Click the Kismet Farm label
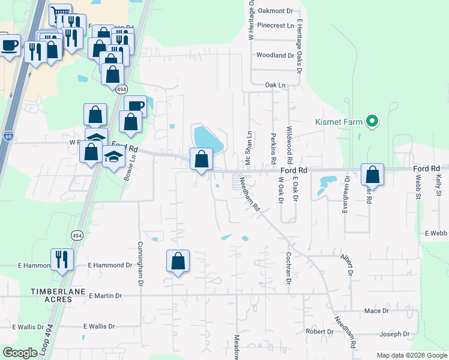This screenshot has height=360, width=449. point(339,122)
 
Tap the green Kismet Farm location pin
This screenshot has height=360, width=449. point(372,122)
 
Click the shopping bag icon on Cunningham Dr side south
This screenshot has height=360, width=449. point(178,261)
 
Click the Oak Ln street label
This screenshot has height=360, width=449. point(275,85)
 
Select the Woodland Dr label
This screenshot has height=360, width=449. point(275,55)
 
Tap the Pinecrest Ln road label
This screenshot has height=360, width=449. point(275,26)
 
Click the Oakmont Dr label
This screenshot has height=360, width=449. point(277,10)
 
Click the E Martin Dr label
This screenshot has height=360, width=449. point(105,296)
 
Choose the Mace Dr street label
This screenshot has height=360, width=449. point(376,311)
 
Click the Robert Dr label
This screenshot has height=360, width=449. point(319,331)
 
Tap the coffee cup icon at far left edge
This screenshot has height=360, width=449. point(9,46)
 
